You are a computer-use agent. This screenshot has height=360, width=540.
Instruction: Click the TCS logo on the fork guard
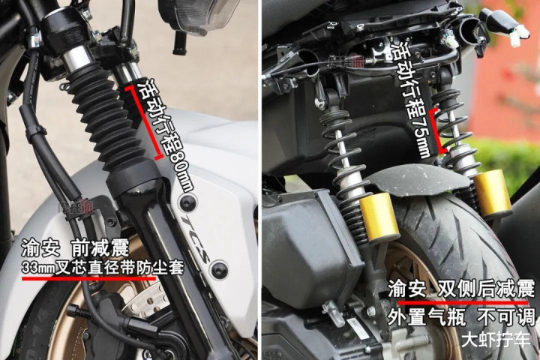coord(195,239)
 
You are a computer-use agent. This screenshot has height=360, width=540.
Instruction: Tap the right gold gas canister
coord(493,193)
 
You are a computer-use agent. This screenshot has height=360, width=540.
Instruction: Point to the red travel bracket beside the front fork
coord(144,123)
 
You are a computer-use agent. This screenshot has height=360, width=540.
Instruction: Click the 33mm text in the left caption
coord(38,267)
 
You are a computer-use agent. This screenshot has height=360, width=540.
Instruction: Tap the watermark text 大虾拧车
coord(496,339)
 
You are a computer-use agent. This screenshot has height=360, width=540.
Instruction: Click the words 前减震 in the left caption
coord(100,247)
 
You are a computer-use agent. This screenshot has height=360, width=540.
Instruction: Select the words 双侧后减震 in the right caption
coord(486,288)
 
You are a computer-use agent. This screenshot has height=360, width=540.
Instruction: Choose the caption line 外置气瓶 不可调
coord(461,316)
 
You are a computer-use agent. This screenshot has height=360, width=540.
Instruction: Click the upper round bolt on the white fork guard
coord(188,203)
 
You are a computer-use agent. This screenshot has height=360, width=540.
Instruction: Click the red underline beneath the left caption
coord(88,278)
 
